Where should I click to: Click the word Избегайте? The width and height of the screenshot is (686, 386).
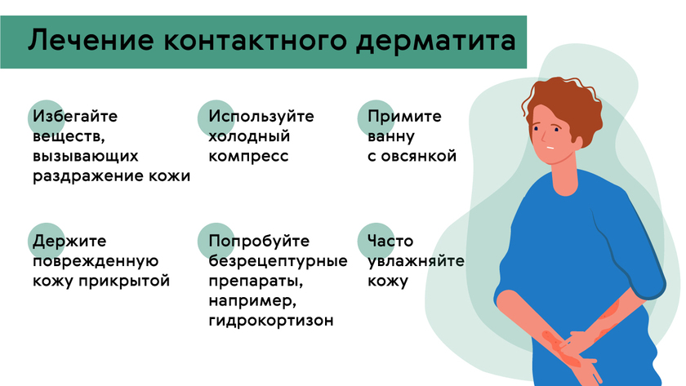76,117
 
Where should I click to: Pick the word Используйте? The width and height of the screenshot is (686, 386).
261,117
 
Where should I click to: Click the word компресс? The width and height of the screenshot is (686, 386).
248,156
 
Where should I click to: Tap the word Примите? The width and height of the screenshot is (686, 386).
405,117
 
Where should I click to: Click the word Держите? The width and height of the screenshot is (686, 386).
69,242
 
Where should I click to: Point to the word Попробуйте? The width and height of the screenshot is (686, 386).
260,242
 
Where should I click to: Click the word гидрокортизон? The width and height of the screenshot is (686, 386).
271,321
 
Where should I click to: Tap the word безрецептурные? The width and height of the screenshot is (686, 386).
278,262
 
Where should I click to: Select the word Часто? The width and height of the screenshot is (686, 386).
391,242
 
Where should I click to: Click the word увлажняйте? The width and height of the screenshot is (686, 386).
416,262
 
